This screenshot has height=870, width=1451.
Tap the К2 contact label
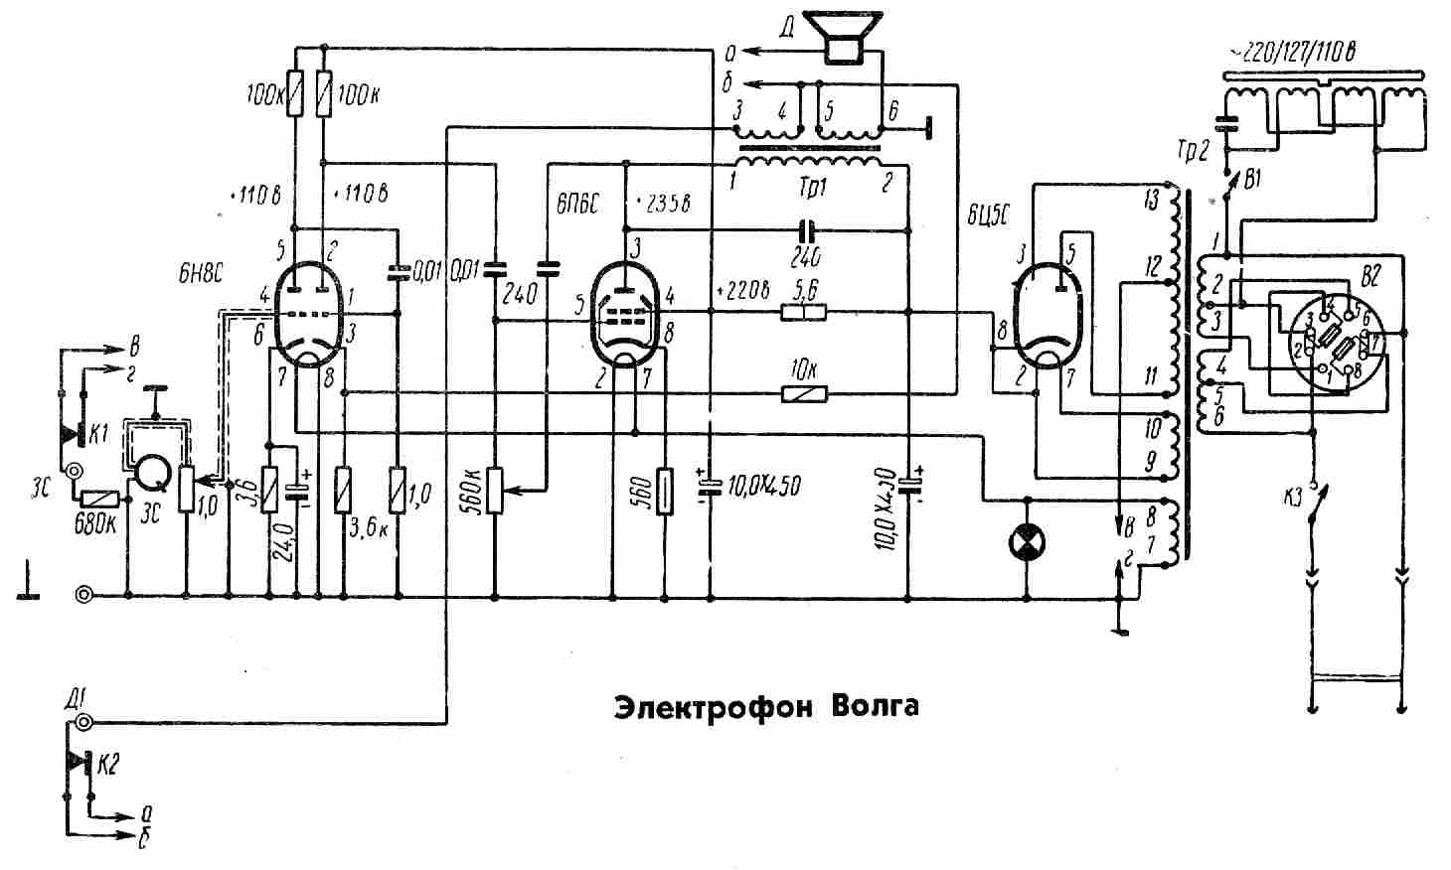(x=110, y=765)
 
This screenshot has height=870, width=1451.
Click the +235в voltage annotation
(x=663, y=203)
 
